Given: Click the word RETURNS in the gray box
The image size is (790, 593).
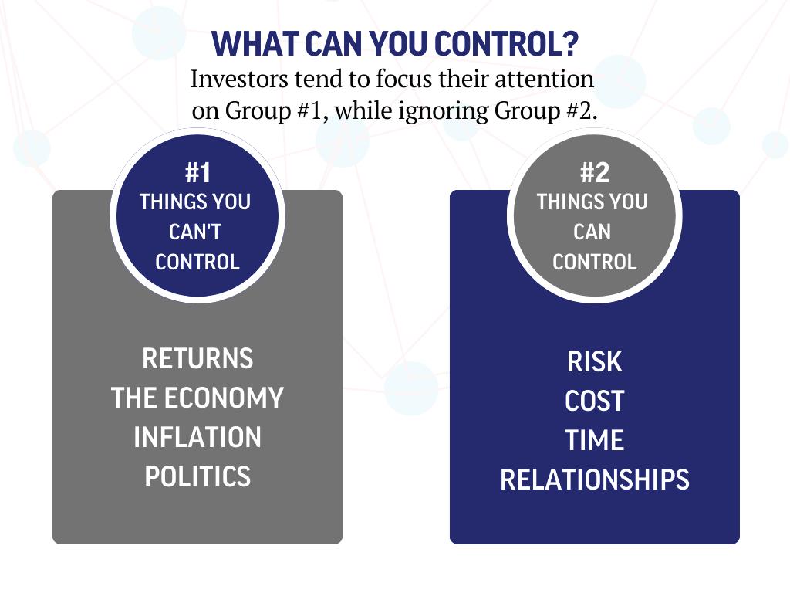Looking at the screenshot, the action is (197, 359).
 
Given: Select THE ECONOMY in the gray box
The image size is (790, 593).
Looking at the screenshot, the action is (197, 398).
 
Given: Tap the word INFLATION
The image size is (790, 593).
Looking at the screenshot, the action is (197, 438).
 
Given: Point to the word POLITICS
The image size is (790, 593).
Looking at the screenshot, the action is (197, 477).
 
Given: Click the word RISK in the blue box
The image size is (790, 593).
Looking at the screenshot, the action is (594, 361).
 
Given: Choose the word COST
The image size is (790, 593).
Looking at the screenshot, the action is (594, 402).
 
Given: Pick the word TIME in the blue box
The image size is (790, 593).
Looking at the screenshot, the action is (594, 441).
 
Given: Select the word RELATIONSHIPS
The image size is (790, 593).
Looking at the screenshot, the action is (594, 480).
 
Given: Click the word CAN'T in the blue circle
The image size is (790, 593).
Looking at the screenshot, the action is (195, 232).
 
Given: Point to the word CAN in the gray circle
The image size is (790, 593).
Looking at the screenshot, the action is (592, 232).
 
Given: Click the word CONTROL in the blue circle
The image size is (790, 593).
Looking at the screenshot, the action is (197, 263).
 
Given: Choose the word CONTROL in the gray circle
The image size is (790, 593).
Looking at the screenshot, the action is (594, 263).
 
